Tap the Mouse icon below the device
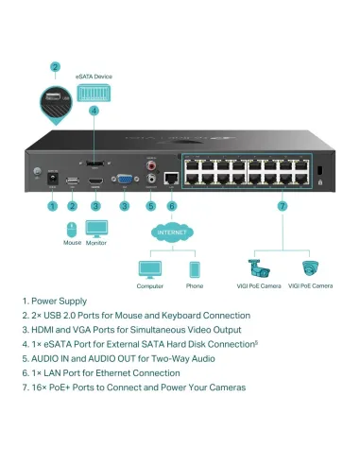[x=73, y=228]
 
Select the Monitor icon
[x=97, y=228]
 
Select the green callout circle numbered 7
[x=283, y=205]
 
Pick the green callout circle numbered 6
[x=171, y=205]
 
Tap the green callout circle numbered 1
[x=53, y=205]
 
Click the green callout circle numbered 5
[x=150, y=205]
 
